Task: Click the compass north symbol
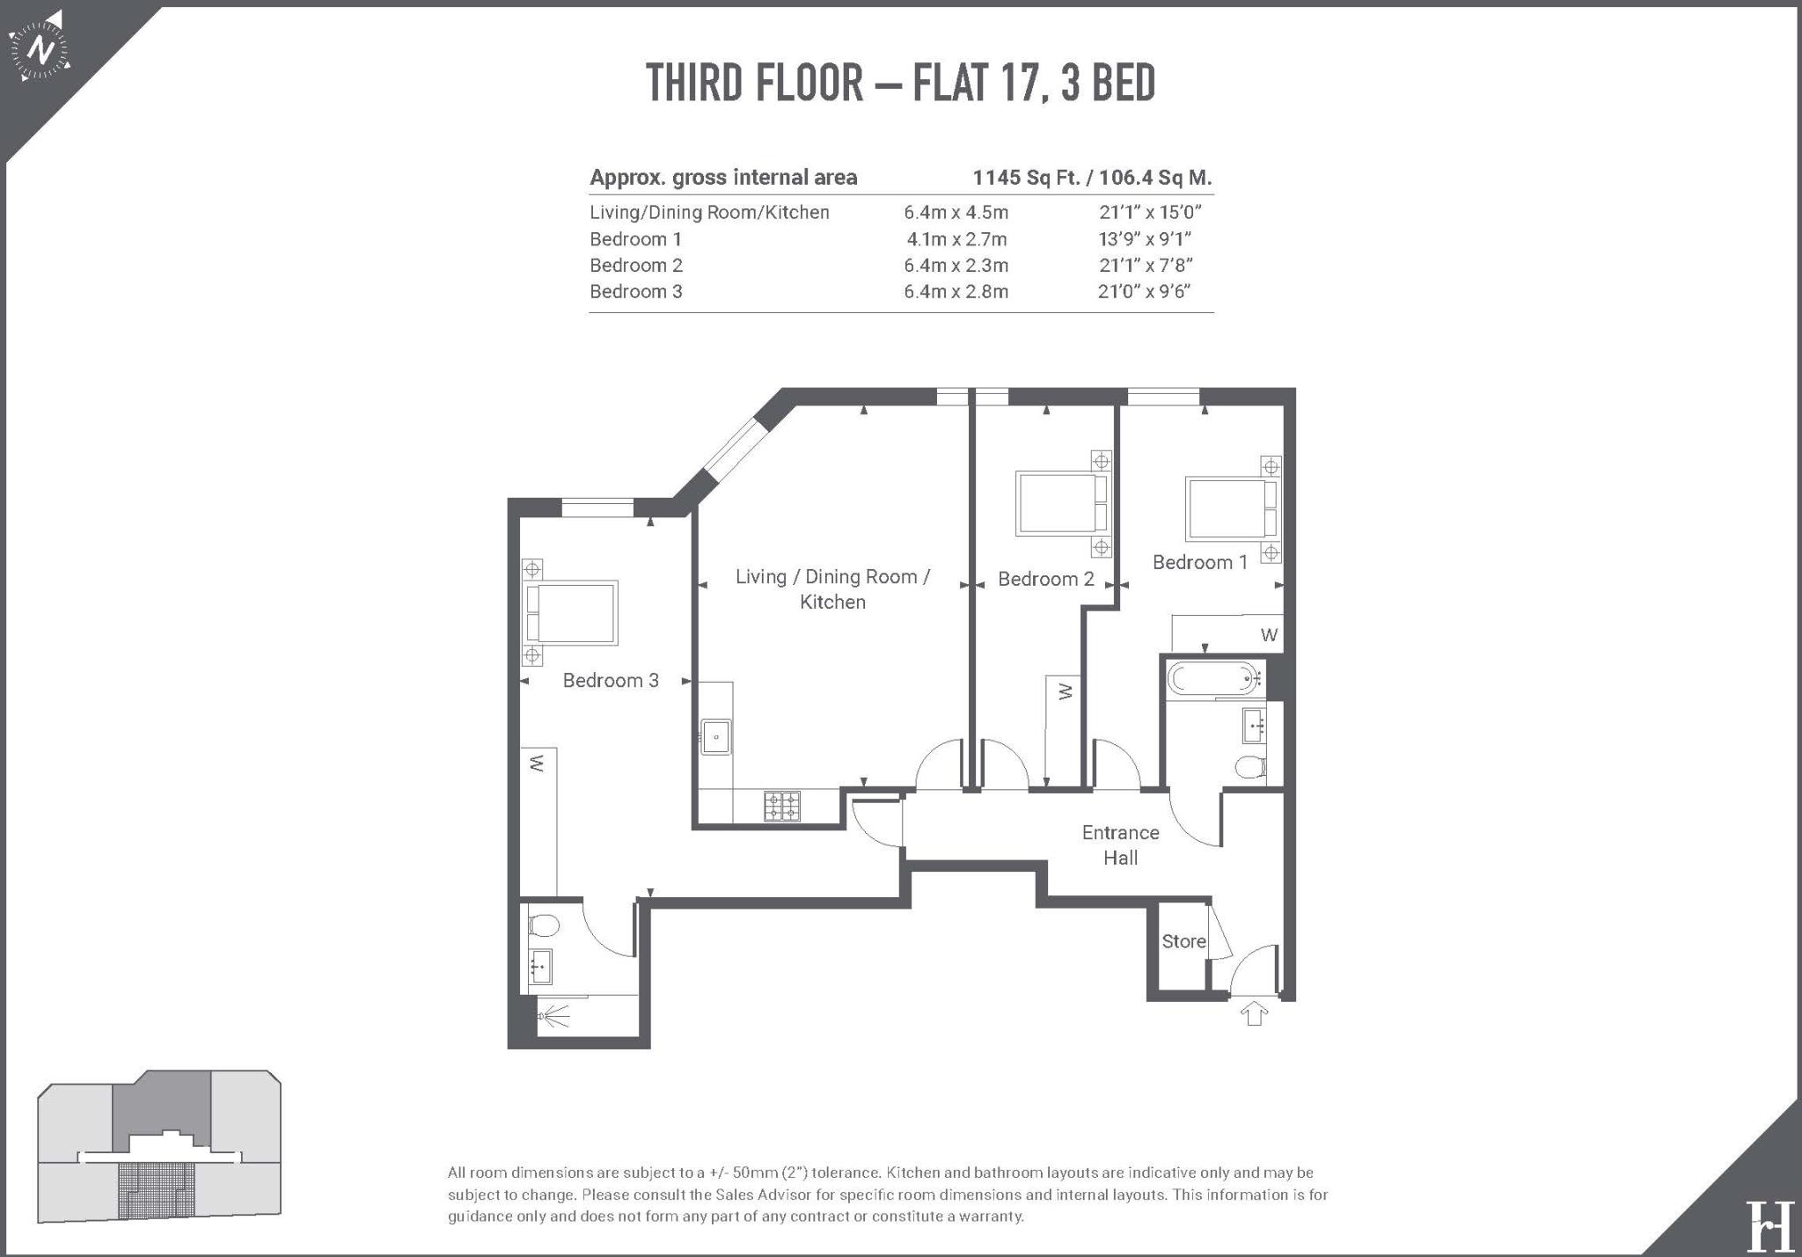click(40, 47)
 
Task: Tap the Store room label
click(1183, 941)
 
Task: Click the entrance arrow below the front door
click(1254, 1014)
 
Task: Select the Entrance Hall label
click(1120, 845)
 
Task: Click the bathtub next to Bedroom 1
click(1211, 679)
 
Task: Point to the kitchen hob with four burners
click(781, 806)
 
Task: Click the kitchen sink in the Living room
click(716, 736)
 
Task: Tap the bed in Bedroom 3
click(571, 611)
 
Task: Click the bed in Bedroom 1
click(1231, 508)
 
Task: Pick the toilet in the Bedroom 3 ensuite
click(544, 926)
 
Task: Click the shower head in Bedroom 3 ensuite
click(554, 1017)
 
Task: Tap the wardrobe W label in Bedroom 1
click(1269, 635)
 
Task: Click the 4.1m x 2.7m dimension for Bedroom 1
click(957, 239)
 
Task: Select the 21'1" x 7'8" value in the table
click(1146, 265)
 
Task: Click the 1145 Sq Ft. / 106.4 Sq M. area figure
click(1092, 178)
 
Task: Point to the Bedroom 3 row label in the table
click(636, 291)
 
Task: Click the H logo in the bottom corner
click(1769, 1224)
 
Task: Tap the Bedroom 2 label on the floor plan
click(1046, 579)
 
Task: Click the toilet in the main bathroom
click(1250, 767)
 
